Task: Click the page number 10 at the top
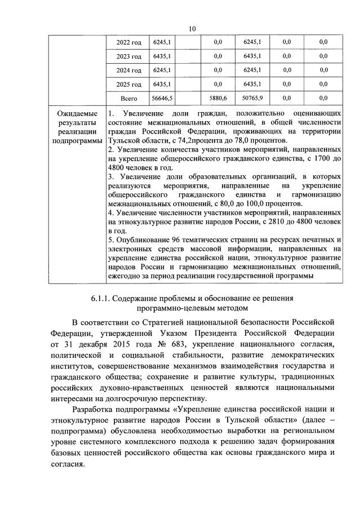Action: [x=192, y=29]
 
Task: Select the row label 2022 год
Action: [x=128, y=43]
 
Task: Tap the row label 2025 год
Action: [x=128, y=85]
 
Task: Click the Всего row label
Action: [x=128, y=98]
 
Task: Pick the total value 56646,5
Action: [x=162, y=98]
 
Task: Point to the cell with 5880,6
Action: [x=217, y=98]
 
